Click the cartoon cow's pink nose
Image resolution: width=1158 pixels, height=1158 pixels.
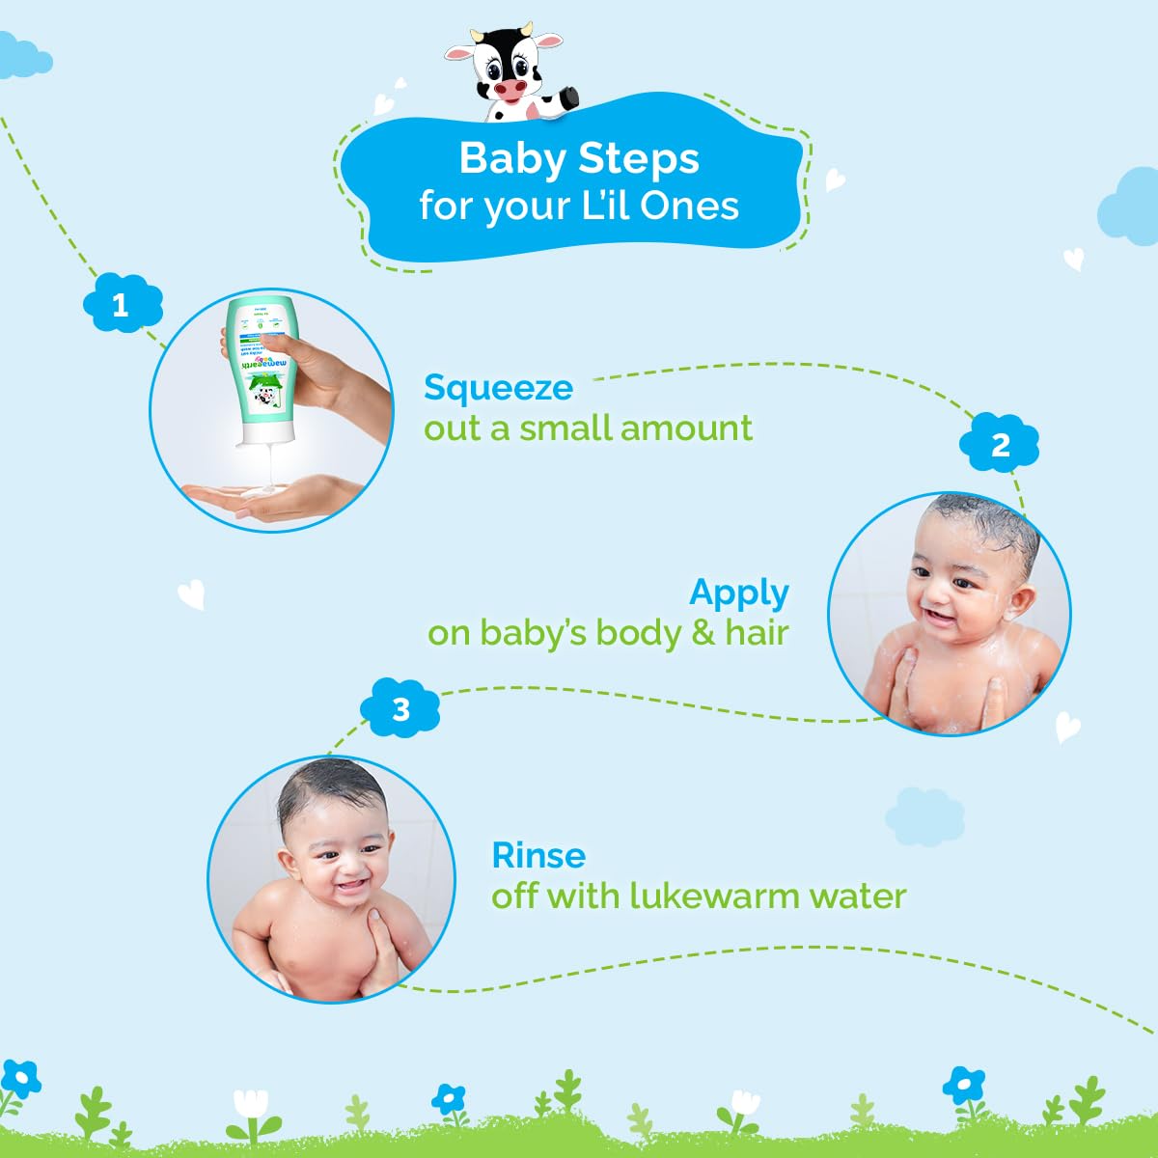pyautogui.click(x=508, y=89)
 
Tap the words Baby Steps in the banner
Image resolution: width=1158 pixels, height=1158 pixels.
pyautogui.click(x=579, y=158)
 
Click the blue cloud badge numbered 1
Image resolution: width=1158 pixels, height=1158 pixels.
pyautogui.click(x=121, y=305)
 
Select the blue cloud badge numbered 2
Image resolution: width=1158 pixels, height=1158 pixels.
pyautogui.click(x=1000, y=445)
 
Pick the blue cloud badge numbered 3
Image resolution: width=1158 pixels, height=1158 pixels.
pyautogui.click(x=400, y=710)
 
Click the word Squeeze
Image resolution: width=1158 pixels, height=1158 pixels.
pyautogui.click(x=498, y=388)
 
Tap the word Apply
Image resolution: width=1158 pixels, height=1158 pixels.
pyautogui.click(x=739, y=593)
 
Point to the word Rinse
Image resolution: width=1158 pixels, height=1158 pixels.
pyautogui.click(x=538, y=855)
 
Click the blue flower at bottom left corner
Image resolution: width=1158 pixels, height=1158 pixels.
pyautogui.click(x=19, y=1079)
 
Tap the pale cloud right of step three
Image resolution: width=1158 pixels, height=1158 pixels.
pyautogui.click(x=924, y=815)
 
